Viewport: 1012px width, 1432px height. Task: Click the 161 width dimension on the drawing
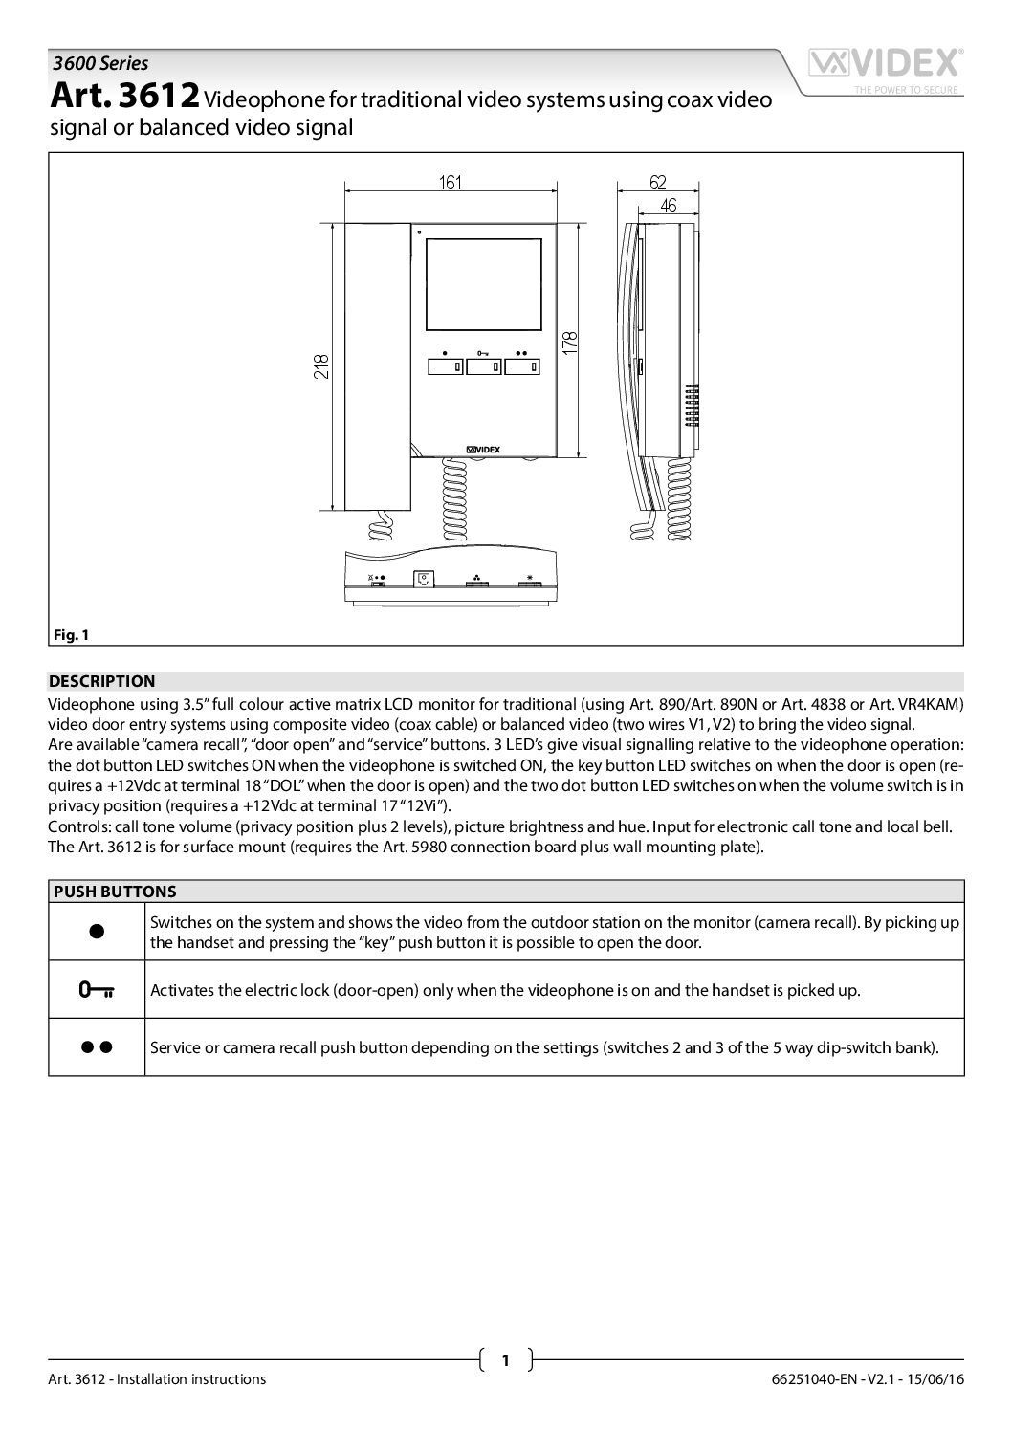pos(451,183)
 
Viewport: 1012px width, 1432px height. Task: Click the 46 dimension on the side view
pos(668,205)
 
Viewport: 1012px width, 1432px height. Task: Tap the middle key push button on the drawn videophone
pos(484,365)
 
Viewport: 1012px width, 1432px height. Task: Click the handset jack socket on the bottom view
pos(423,579)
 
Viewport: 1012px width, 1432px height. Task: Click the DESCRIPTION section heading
pos(101,681)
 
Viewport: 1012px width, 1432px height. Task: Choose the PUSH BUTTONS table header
pos(114,891)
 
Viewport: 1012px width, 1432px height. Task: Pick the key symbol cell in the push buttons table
pos(97,989)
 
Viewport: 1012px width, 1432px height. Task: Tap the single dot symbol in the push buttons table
pos(97,932)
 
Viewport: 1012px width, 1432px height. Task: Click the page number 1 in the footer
pos(505,1359)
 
